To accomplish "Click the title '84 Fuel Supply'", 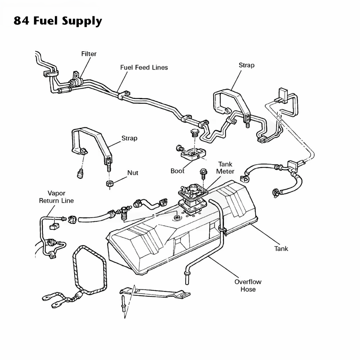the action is (58, 21).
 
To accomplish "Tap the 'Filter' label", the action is (89, 54).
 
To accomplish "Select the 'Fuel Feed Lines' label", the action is (144, 67).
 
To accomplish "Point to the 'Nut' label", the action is (133, 173).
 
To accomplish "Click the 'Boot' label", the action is (177, 171).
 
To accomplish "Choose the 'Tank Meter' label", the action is (225, 168).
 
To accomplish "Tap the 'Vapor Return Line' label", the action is (56, 197).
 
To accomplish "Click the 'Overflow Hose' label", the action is (248, 285).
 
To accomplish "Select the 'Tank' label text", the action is (281, 249).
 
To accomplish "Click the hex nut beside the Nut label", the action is (110, 184).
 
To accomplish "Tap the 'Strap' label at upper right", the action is (246, 65).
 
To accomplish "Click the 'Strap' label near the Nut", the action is (129, 138).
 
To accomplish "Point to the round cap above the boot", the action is (194, 133).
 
